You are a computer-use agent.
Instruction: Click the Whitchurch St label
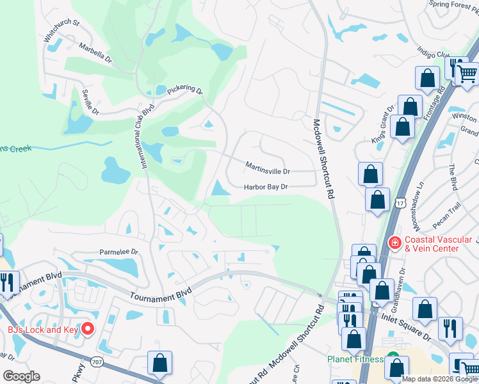tap(61, 30)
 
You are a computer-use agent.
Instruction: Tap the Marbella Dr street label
tap(95, 51)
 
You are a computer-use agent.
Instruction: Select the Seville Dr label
tap(90, 102)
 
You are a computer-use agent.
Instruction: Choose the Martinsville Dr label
tap(268, 171)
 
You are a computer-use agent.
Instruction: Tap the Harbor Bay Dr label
tap(266, 187)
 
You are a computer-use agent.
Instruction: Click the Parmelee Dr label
tap(118, 252)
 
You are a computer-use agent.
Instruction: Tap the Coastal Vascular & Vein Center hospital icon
tap(395, 243)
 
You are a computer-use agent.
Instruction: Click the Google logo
tap(21, 376)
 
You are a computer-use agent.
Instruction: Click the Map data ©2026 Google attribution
tap(439, 379)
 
